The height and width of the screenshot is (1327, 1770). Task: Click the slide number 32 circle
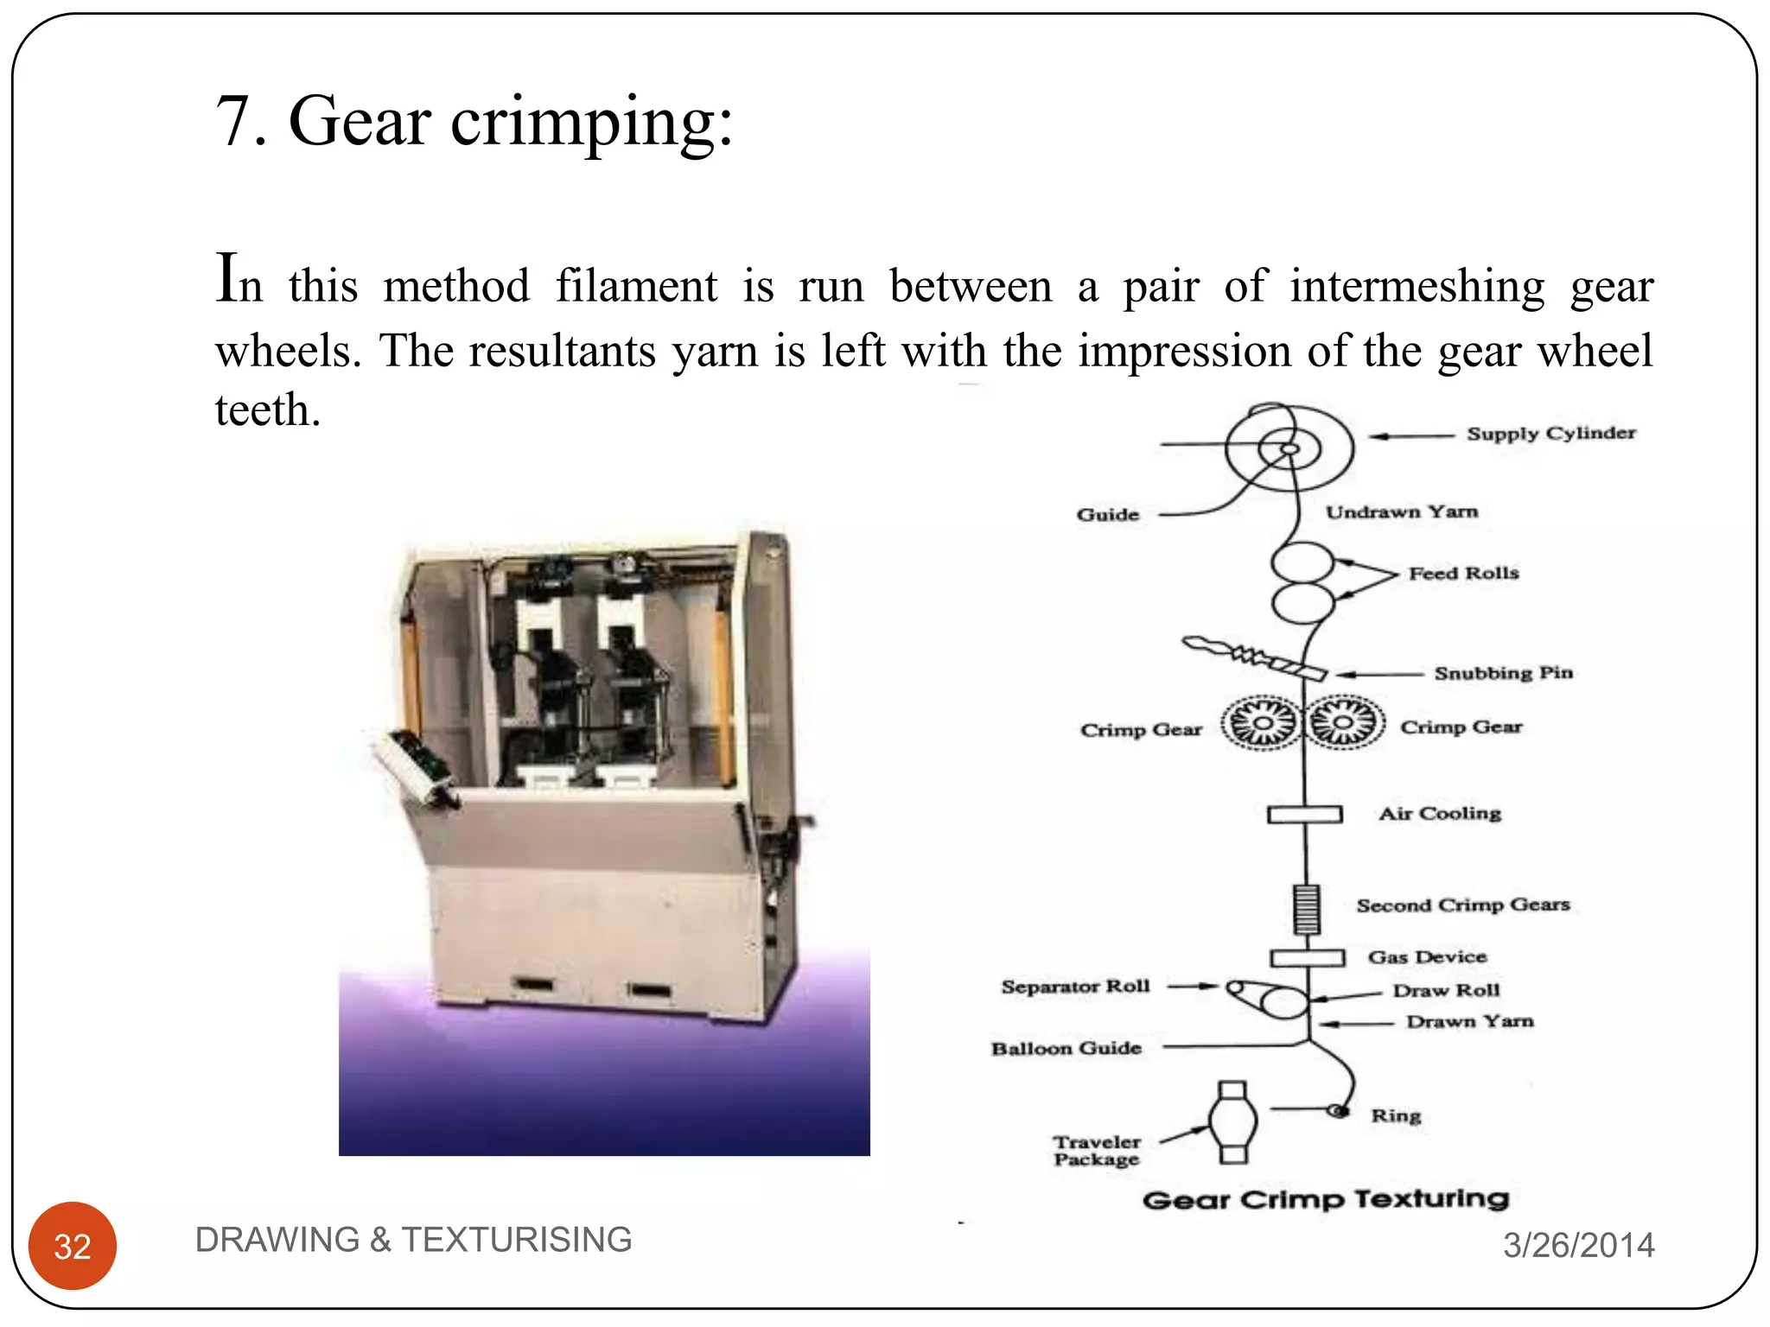pyautogui.click(x=73, y=1245)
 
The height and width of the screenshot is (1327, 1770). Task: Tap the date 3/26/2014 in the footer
pyautogui.click(x=1578, y=1245)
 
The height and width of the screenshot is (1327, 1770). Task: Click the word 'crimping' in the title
pyautogui.click(x=591, y=124)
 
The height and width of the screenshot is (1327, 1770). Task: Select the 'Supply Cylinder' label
pyautogui.click(x=1550, y=433)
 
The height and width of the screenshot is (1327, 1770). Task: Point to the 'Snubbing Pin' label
pyautogui.click(x=1503, y=673)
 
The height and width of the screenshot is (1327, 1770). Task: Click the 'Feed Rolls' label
pyautogui.click(x=1463, y=573)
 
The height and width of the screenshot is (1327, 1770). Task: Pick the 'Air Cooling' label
pyautogui.click(x=1440, y=814)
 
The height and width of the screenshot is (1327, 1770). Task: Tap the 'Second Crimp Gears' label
pyautogui.click(x=1462, y=905)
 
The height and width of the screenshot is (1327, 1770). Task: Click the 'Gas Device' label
pyautogui.click(x=1427, y=957)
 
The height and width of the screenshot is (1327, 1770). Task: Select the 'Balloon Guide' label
pyautogui.click(x=1066, y=1048)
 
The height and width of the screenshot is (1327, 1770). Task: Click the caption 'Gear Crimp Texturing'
pyautogui.click(x=1325, y=1199)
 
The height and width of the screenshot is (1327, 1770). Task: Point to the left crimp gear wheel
pyautogui.click(x=1262, y=722)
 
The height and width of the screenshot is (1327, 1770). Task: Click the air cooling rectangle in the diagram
pyautogui.click(x=1304, y=814)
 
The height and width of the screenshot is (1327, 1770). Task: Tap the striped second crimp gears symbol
pyautogui.click(x=1306, y=909)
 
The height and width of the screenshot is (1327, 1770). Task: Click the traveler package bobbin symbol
pyautogui.click(x=1232, y=1121)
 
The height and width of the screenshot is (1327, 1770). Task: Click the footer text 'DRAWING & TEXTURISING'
pyautogui.click(x=413, y=1240)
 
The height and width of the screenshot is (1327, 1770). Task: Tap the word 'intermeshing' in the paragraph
pyautogui.click(x=1417, y=287)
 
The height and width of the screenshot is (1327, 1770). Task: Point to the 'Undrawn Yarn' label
pyautogui.click(x=1401, y=512)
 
